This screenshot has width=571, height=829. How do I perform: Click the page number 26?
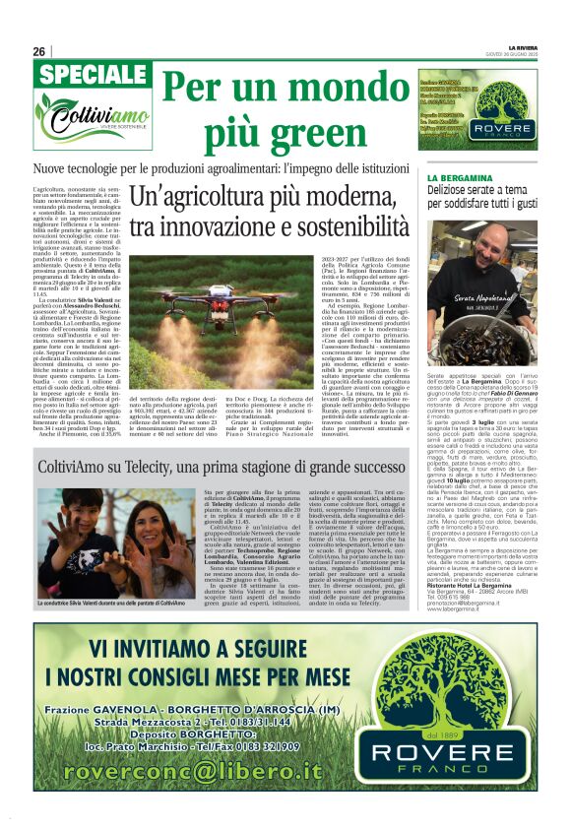[38, 51]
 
